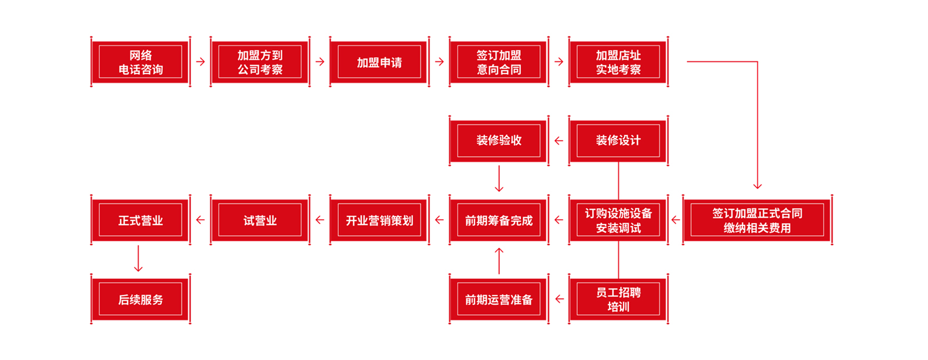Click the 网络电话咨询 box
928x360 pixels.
140,62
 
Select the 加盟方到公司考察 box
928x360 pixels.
260,62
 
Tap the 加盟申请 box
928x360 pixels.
379,62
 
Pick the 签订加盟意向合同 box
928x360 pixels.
499,62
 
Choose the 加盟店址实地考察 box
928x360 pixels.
618,62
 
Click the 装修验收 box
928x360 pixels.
499,140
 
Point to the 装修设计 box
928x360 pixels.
618,140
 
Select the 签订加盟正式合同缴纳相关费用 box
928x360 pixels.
757,220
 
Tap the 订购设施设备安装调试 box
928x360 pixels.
618,220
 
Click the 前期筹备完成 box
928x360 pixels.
499,220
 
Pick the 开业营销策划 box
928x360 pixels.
379,220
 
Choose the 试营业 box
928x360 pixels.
260,220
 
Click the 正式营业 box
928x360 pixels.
140,220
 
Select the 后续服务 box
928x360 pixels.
140,299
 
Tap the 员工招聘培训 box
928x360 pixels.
618,299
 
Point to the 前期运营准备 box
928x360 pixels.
499,299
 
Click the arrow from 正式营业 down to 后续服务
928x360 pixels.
138,259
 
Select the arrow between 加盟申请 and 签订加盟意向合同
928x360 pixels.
439,61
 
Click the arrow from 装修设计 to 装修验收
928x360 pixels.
559,140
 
